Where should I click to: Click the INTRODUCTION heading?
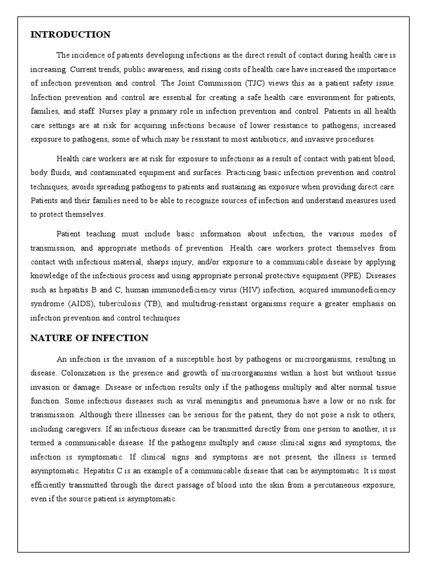(70, 35)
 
